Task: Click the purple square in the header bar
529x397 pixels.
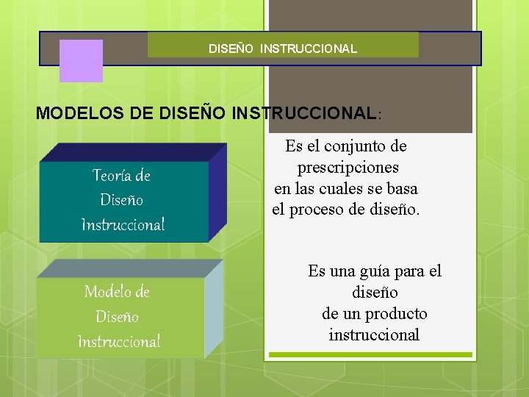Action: tap(81, 60)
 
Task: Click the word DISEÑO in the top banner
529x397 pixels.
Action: tap(231, 49)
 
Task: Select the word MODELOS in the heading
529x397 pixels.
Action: tap(72, 113)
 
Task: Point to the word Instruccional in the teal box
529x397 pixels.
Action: tap(123, 224)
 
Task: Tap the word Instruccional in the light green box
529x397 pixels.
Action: tap(119, 342)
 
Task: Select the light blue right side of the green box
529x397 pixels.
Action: tap(214, 309)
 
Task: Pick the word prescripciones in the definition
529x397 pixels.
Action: tap(348, 167)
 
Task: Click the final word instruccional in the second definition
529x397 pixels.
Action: tap(374, 335)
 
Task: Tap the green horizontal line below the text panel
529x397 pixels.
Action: tap(370, 354)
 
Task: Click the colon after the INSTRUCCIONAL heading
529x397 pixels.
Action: tap(379, 115)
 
